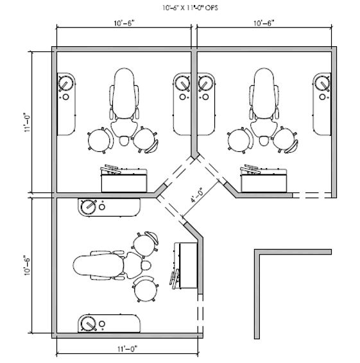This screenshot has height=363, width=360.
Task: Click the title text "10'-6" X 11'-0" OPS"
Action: [x=190, y=8]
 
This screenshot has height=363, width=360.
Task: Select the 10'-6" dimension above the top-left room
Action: [x=124, y=23]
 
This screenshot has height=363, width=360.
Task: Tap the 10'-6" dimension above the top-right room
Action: [x=264, y=23]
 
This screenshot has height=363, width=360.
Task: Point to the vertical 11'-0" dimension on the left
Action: [x=28, y=122]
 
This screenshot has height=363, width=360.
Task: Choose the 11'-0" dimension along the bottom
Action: [x=127, y=349]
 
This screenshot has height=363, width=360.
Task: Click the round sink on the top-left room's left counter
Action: [x=66, y=83]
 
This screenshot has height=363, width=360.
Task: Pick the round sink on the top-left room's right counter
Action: [x=182, y=83]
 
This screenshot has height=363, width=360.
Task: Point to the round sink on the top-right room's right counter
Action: [x=322, y=83]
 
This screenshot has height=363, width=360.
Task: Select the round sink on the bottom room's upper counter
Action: [x=89, y=207]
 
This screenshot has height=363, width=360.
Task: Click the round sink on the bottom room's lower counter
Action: [x=89, y=323]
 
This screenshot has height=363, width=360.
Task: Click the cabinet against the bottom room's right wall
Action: [x=184, y=266]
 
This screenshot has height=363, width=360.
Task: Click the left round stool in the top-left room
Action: [x=99, y=140]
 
